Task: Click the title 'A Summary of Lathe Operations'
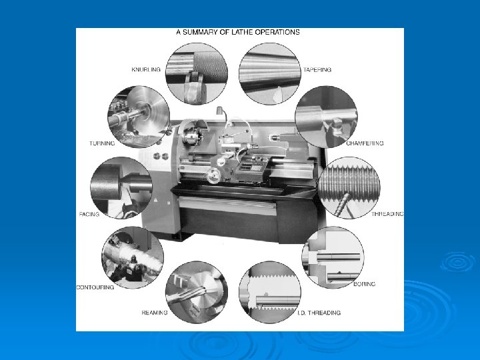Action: tap(238, 32)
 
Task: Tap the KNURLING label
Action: tap(146, 69)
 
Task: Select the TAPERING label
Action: tap(317, 70)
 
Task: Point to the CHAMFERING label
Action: tap(365, 143)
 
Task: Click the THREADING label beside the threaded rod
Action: tap(387, 214)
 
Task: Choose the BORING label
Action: tap(364, 284)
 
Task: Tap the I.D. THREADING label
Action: tap(319, 313)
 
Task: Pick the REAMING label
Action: tap(155, 313)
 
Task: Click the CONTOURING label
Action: tap(95, 287)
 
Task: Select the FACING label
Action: tap(89, 214)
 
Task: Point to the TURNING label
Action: tap(102, 143)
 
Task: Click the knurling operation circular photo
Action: tap(197, 74)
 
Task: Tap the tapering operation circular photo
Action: tap(270, 74)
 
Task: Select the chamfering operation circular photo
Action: tap(326, 117)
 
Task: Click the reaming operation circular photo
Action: tap(197, 293)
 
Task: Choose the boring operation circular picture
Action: tap(333, 257)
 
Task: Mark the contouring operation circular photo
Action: tap(133, 257)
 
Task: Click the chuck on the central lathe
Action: tap(192, 135)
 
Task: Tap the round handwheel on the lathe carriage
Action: tap(213, 176)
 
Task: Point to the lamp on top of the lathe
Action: tap(219, 111)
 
